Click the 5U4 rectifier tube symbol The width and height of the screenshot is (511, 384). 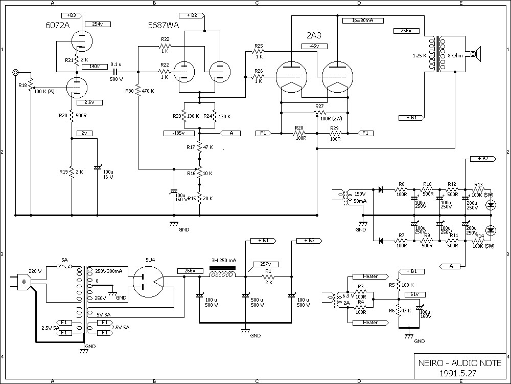pos(149,281)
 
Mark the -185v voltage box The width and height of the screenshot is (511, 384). pos(175,133)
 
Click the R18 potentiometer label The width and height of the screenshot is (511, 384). pos(22,86)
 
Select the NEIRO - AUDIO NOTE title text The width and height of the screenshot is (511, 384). pos(460,363)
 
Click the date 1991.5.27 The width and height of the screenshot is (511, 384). pos(460,373)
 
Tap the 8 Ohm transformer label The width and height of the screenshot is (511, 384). pos(455,55)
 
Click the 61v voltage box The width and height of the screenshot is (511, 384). pos(414,294)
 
